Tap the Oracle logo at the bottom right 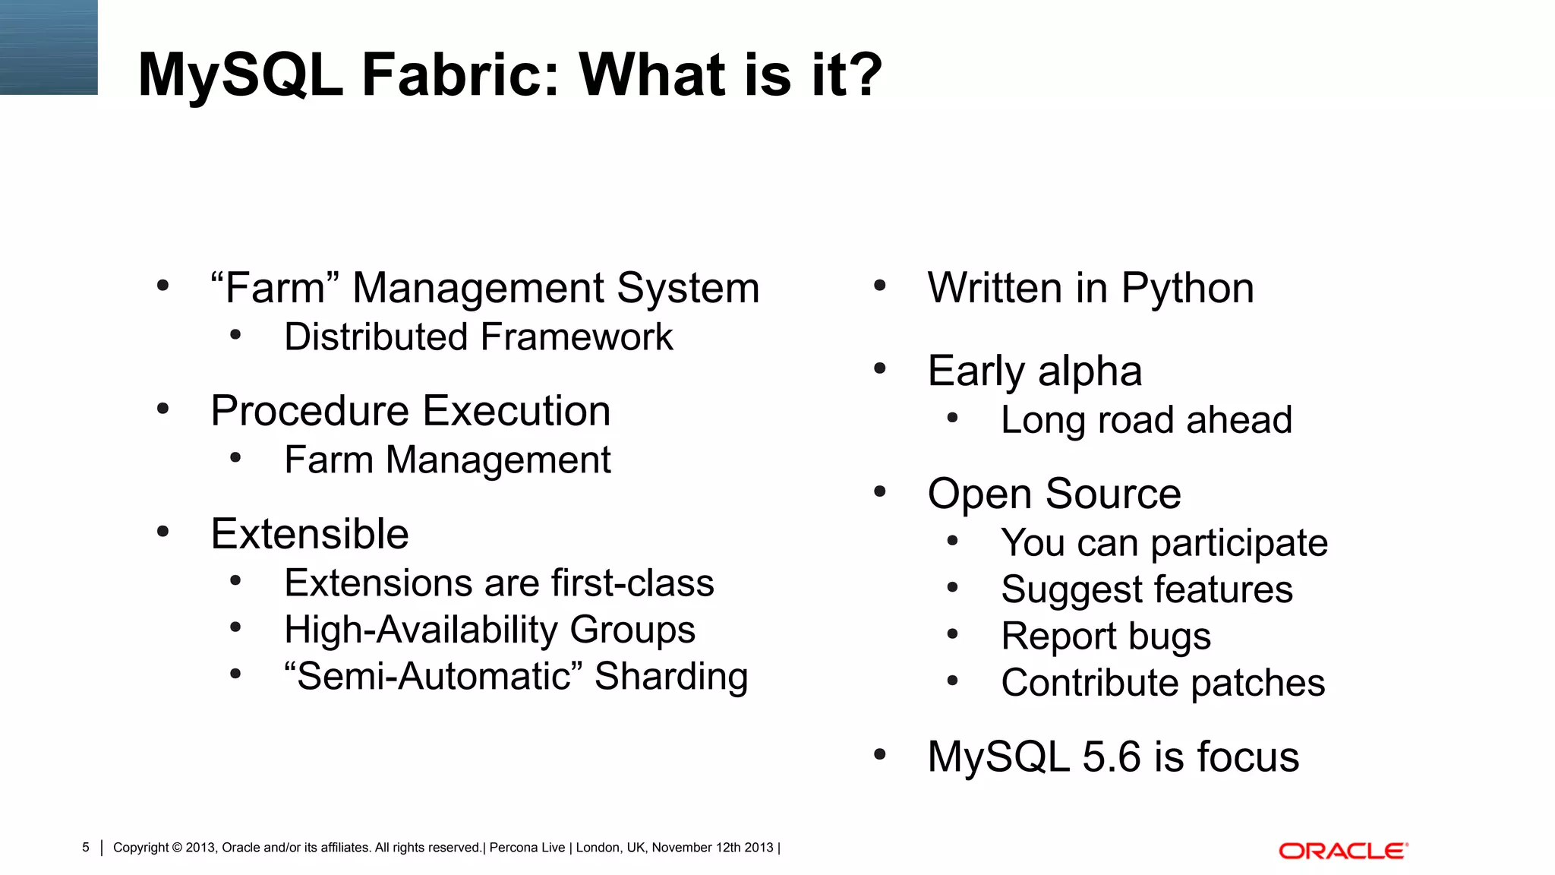click(x=1343, y=851)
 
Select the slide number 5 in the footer click(x=86, y=848)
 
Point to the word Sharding click(x=671, y=676)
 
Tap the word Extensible click(x=310, y=534)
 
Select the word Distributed click(x=376, y=337)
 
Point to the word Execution click(x=516, y=411)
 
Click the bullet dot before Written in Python click(x=880, y=286)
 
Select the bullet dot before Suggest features click(x=953, y=587)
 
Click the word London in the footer click(x=598, y=848)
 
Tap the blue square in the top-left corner click(x=49, y=47)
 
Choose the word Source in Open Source click(x=1113, y=494)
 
